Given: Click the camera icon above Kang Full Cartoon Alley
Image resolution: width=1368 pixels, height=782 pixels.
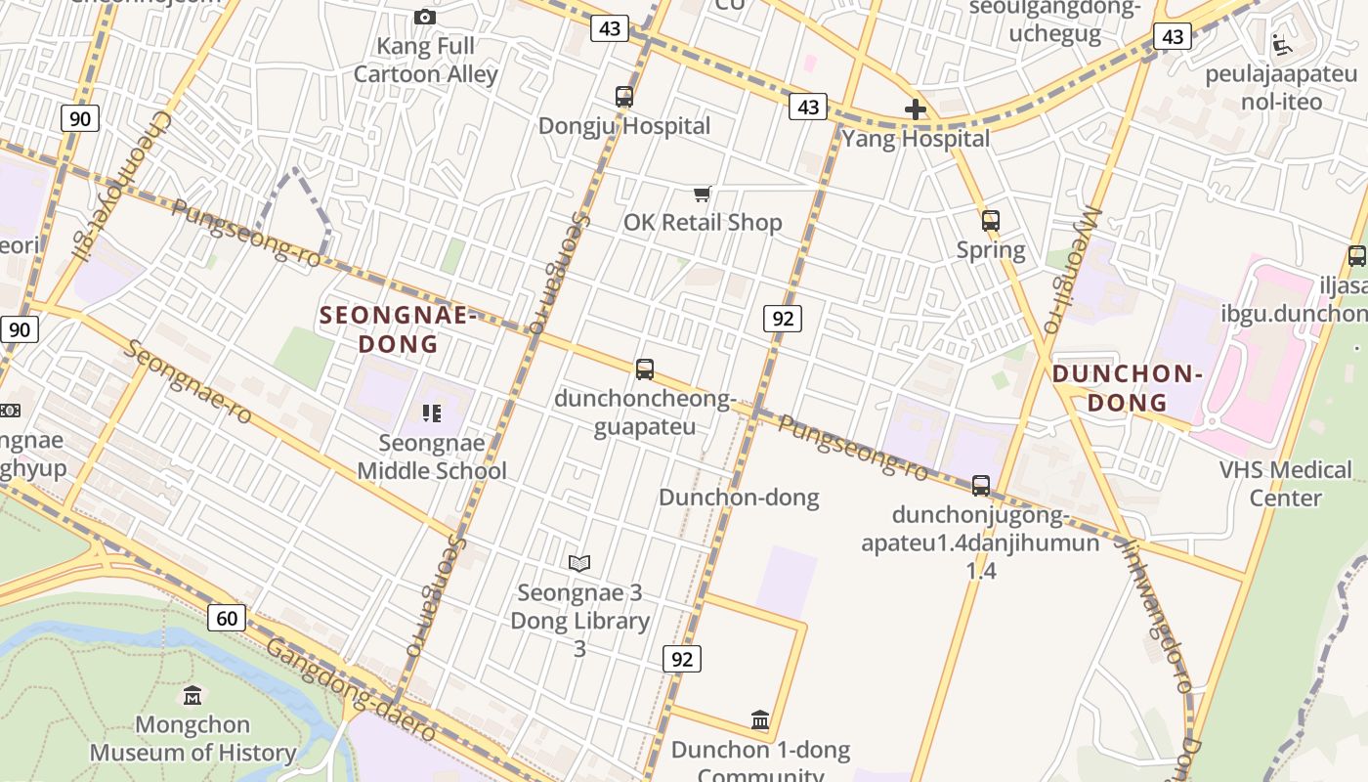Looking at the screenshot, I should (x=425, y=17).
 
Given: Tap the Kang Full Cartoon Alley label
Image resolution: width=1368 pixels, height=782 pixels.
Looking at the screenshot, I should (x=426, y=60).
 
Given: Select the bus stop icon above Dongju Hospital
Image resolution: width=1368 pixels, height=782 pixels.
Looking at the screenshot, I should (x=624, y=97).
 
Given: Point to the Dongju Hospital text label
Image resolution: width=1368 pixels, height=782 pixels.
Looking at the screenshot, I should (x=624, y=126).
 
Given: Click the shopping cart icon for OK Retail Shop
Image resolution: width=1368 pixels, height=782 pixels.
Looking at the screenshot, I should (x=702, y=194).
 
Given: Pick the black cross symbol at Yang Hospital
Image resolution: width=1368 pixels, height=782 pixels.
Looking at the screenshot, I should (x=915, y=109).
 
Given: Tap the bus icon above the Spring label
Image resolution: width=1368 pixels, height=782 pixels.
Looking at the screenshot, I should (x=991, y=221).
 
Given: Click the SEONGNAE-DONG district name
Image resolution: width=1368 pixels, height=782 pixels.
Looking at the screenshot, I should (x=398, y=329).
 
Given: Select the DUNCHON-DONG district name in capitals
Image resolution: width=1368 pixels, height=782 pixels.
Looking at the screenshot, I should (x=1127, y=388).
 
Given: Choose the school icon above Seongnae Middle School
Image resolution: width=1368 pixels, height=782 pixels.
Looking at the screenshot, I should (x=432, y=413).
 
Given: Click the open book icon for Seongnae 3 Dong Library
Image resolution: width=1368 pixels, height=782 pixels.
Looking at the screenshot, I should (x=579, y=563).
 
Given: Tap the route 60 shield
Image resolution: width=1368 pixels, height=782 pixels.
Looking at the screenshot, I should (x=226, y=618).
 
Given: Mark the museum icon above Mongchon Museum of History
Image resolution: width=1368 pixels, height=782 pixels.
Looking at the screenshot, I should (x=192, y=695).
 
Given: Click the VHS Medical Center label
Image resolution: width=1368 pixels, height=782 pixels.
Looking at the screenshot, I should (x=1285, y=484).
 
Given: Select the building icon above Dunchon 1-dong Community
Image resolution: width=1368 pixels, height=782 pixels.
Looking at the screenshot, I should (x=760, y=720).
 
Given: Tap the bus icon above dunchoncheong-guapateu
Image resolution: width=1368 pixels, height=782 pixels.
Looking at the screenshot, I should (x=645, y=369).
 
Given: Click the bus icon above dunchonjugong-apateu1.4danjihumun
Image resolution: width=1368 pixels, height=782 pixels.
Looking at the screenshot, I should (x=981, y=485).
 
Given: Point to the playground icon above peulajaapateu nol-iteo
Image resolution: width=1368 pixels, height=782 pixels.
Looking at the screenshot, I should (x=1281, y=44).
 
